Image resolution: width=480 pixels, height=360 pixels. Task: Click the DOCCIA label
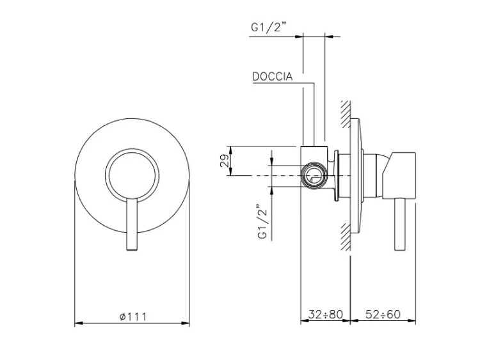coord(272,77)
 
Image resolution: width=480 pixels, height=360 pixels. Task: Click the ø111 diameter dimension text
coord(133,317)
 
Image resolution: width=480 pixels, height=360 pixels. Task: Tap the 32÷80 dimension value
coord(325,314)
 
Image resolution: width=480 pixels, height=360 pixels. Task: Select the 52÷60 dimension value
coord(383,314)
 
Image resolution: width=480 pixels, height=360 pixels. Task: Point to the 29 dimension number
coord(225,160)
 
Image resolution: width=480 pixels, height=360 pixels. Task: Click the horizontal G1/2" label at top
coord(268,27)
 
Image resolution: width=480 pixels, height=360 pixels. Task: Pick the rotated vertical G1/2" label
coord(262,221)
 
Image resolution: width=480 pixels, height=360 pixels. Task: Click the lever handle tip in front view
coord(132,249)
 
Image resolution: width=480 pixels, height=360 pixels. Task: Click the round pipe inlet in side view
coord(314,176)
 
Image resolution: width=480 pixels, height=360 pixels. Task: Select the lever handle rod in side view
coord(401,224)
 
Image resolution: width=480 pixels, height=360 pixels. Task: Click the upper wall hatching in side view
coord(346,114)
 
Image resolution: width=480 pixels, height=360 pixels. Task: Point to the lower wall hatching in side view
coord(346,237)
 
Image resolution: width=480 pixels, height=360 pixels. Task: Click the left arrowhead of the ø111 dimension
coord(79,323)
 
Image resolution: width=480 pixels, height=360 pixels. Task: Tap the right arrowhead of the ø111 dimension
coord(185,323)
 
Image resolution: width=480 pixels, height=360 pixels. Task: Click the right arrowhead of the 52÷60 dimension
coord(412,321)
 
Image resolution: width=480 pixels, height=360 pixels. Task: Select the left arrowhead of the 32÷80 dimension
coord(305,321)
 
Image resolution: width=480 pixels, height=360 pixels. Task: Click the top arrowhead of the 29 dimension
coord(231,150)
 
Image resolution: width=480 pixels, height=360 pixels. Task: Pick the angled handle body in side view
coord(399,175)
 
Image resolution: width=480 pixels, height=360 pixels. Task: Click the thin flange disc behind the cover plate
coord(336,176)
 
